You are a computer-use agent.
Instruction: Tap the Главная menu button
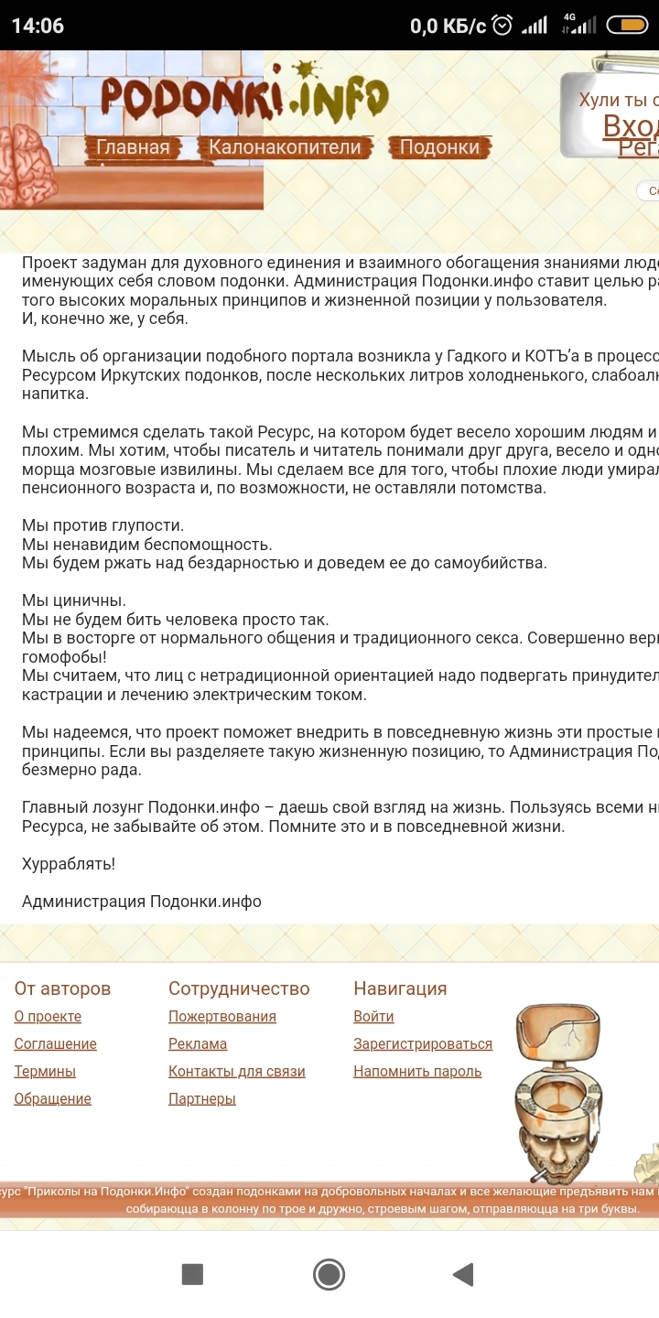(134, 147)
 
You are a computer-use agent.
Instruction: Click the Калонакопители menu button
(285, 147)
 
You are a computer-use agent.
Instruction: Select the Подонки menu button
(439, 147)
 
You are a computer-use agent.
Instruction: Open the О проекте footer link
(48, 1017)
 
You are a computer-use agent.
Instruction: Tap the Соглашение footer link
(55, 1044)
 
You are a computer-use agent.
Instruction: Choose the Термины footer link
(45, 1072)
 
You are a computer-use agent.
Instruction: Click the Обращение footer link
(52, 1099)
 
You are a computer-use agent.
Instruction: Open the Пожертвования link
(222, 1017)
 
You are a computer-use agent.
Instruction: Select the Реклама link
(198, 1044)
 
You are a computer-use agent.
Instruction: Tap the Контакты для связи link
(237, 1072)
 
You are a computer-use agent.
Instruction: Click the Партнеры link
(202, 1099)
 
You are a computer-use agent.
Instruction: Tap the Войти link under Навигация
(373, 1017)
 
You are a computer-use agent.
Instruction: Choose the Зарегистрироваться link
(423, 1044)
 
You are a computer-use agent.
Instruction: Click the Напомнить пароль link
(417, 1072)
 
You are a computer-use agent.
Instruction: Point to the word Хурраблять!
(69, 864)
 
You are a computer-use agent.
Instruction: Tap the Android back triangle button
(463, 1274)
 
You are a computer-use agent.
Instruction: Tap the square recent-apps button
(192, 1274)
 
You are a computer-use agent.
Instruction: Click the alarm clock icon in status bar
(502, 26)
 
